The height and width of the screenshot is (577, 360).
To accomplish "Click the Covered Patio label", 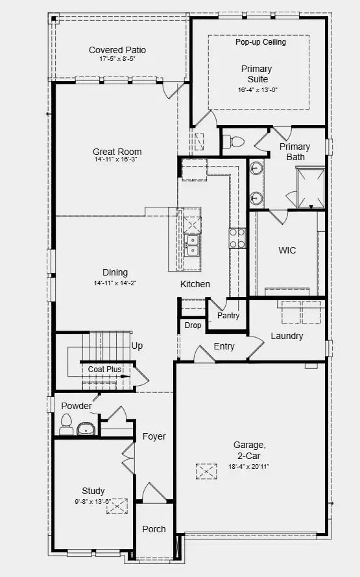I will point(117,50).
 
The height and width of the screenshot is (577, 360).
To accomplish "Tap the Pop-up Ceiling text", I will point(260,42).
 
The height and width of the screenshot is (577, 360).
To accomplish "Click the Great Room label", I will point(117,152).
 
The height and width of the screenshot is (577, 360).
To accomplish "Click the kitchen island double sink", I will point(193,244).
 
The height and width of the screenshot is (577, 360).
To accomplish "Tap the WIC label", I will point(287,250).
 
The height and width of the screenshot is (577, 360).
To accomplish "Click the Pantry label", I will point(228,316).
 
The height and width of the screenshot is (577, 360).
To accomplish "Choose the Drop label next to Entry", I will point(193,325).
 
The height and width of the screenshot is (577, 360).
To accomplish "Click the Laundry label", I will point(287,336).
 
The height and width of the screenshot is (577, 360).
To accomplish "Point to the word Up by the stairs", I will point(137,347).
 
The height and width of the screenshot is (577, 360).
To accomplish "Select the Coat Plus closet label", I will point(105,370).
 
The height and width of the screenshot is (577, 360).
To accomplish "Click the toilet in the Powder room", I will point(66,426).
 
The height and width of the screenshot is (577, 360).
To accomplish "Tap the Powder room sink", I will point(86,429).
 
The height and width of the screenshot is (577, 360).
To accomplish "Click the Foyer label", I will point(154,437).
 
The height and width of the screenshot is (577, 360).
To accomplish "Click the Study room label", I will point(93,491).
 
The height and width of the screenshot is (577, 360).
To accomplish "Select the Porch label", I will point(154,529).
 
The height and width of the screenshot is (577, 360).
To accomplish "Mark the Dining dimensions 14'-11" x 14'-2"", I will point(115,283).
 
